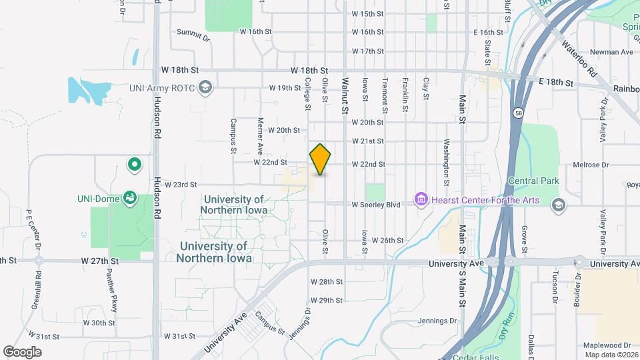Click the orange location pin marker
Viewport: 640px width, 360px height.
[x=320, y=159]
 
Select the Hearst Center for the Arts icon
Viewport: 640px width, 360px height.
[x=421, y=199]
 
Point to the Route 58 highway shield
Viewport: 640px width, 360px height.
[x=518, y=113]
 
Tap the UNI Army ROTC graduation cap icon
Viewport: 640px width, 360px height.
[x=206, y=87]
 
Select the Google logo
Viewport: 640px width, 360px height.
[x=22, y=351]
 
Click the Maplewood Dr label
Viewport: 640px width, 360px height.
[x=607, y=345]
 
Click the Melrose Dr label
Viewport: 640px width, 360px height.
[x=596, y=165]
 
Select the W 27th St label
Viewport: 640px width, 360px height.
[x=100, y=261]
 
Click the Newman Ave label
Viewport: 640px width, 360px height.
[x=615, y=51]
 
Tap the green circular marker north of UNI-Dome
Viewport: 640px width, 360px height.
[x=134, y=163]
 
